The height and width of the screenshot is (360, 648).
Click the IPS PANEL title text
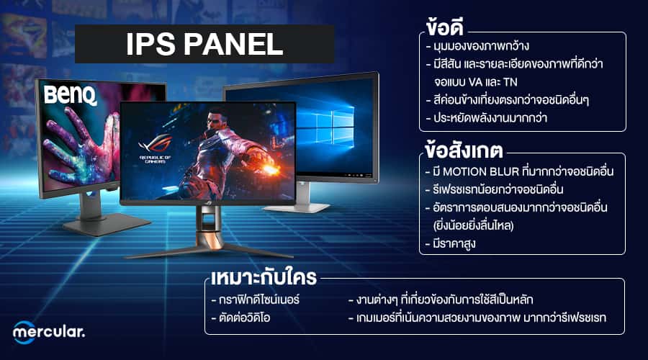point(204,44)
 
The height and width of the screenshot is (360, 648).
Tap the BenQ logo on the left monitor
point(71,96)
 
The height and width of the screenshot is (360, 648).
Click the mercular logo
point(48,332)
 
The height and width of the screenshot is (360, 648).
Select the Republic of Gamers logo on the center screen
point(156,149)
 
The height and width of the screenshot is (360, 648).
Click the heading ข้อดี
point(445,27)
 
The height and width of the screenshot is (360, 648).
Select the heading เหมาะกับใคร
point(264,277)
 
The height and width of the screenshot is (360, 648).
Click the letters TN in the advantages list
point(510,82)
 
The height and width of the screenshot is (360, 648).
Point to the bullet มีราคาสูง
point(451,243)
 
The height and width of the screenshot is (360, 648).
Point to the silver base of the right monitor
point(297,207)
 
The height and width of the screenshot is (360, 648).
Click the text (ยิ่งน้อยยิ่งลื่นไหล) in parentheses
point(473,225)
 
